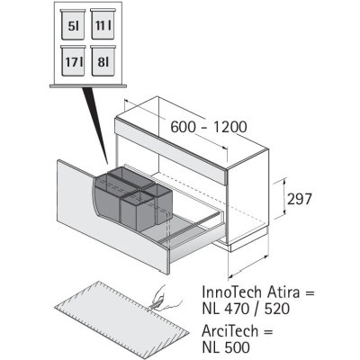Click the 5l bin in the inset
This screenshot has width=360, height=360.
tap(73, 24)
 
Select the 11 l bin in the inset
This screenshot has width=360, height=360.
tap(103, 24)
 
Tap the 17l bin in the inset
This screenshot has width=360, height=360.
tap(73, 60)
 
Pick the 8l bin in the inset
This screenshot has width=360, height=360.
tap(103, 60)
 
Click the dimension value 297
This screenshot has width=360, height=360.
tap(300, 199)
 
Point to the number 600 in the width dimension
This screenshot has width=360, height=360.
tap(183, 127)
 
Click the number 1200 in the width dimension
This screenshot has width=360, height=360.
tap(230, 127)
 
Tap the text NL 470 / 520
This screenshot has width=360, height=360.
tap(246, 309)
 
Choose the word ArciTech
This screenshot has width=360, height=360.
tap(230, 331)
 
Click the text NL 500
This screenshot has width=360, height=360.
tap(226, 347)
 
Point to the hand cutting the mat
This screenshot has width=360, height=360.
tap(165, 299)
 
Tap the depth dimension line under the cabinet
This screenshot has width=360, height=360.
tap(248, 265)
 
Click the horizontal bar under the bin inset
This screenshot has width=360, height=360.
tap(88, 85)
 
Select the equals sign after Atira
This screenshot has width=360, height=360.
tap(309, 292)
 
